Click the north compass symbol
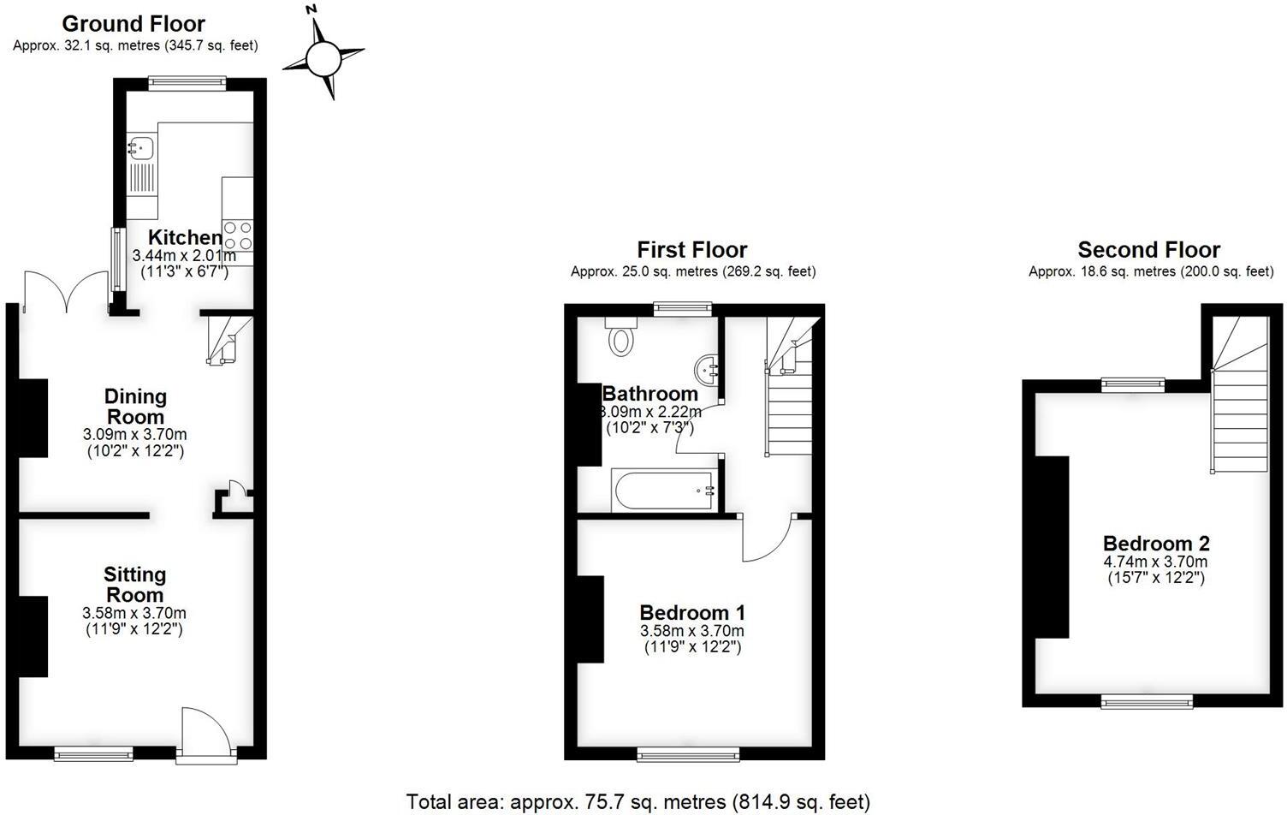323,58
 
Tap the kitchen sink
141,149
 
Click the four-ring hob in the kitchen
238,235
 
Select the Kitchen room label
185,237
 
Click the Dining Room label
135,407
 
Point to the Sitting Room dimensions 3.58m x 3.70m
134,613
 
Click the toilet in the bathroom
621,337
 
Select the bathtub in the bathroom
664,491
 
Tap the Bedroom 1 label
692,613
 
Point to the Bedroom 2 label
1156,544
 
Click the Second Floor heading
1148,250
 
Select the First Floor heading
691,250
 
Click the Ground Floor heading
133,24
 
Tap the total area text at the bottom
638,802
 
